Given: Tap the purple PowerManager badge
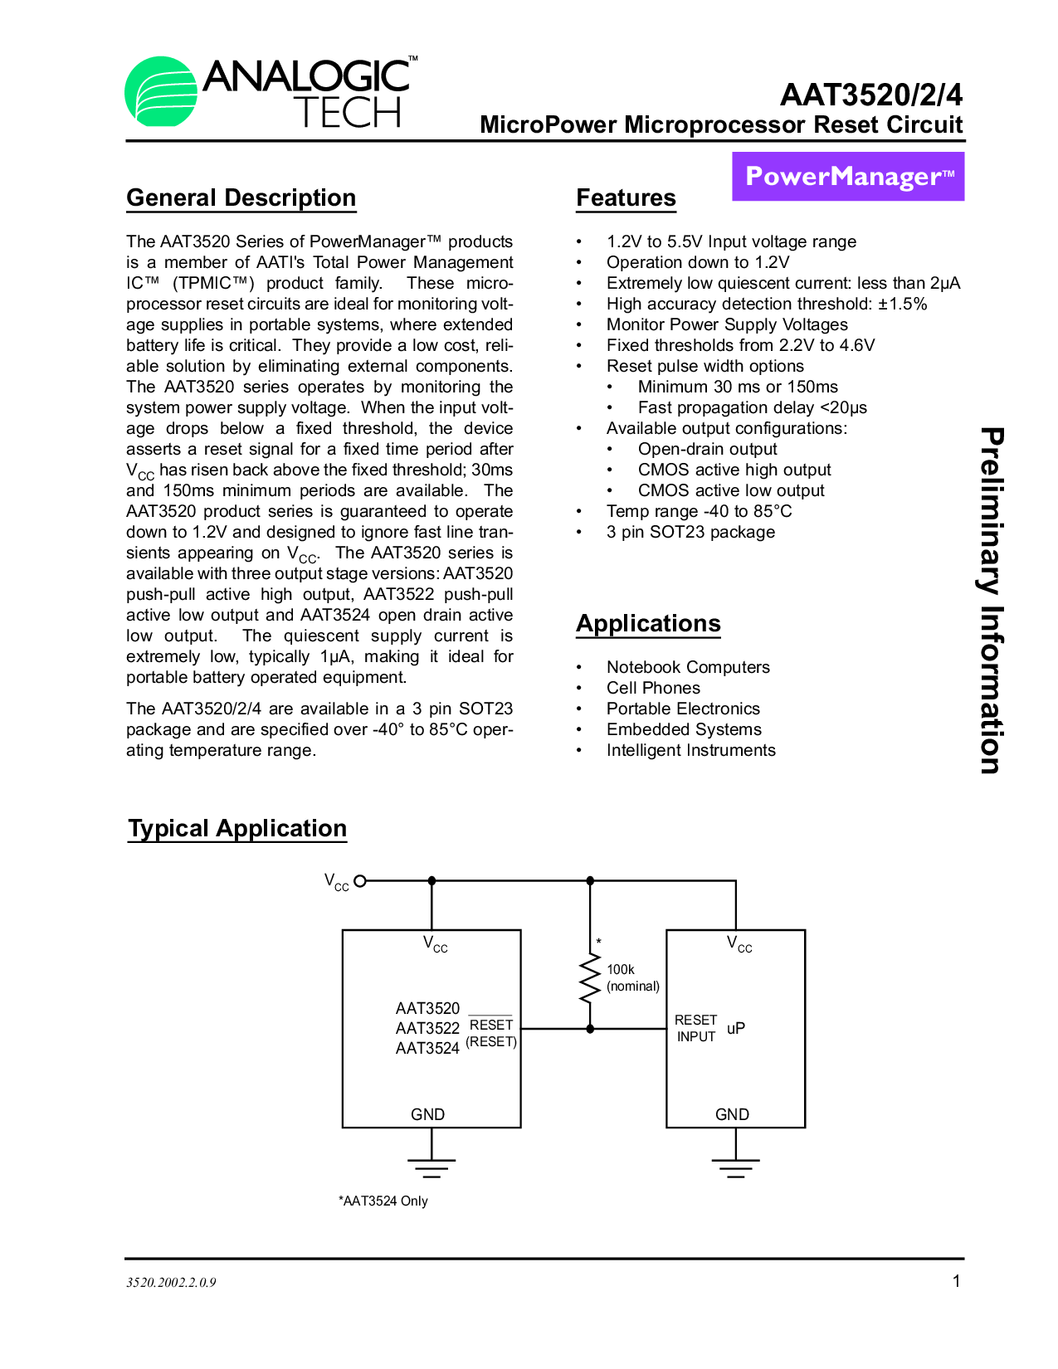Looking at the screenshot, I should tap(848, 177).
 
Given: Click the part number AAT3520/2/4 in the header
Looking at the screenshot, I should tap(871, 95).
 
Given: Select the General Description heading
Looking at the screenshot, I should tap(241, 197).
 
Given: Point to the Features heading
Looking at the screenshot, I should tap(626, 197).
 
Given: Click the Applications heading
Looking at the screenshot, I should tap(648, 623).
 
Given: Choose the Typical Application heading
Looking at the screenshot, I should tap(237, 828).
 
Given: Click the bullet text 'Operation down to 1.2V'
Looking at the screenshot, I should tap(698, 262).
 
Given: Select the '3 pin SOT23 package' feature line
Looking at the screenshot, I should tap(690, 532).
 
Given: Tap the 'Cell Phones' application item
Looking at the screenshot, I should tap(653, 688).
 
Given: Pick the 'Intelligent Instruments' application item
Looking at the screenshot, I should tap(690, 750).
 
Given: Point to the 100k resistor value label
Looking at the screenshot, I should tap(621, 969).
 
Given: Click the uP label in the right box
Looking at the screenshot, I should tap(736, 1028).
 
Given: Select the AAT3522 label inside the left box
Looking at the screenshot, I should tap(427, 1028).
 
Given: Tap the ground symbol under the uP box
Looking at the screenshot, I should tap(735, 1166).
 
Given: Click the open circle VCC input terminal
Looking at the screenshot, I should tap(360, 881).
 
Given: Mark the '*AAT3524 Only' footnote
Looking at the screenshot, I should tap(383, 1201).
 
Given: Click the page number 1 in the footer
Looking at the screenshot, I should tap(956, 1281).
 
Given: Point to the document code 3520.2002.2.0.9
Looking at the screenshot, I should tap(171, 1282).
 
